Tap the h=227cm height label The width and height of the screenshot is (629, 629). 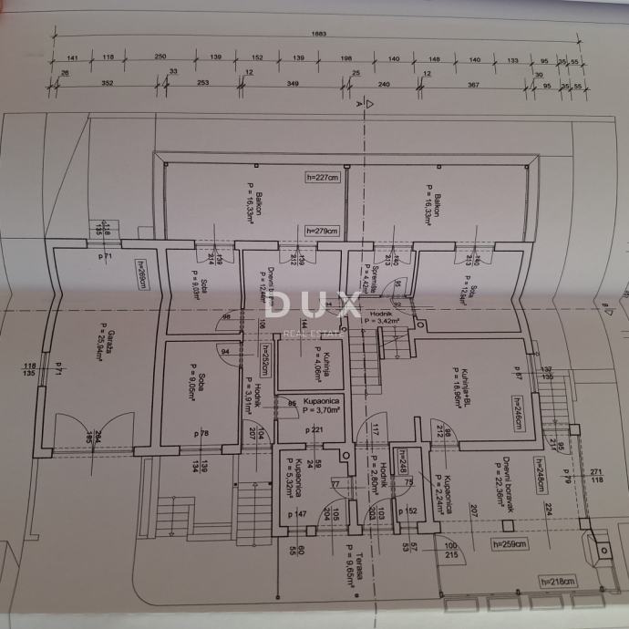point(323,178)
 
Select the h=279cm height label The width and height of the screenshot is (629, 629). point(323,231)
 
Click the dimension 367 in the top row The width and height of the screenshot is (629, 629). point(472,84)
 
